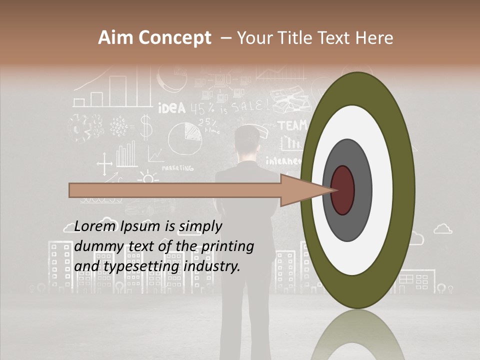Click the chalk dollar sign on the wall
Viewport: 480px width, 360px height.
pos(145,126)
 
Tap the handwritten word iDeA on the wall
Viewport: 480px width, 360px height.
pos(171,108)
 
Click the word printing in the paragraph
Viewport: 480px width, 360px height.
pos(228,247)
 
